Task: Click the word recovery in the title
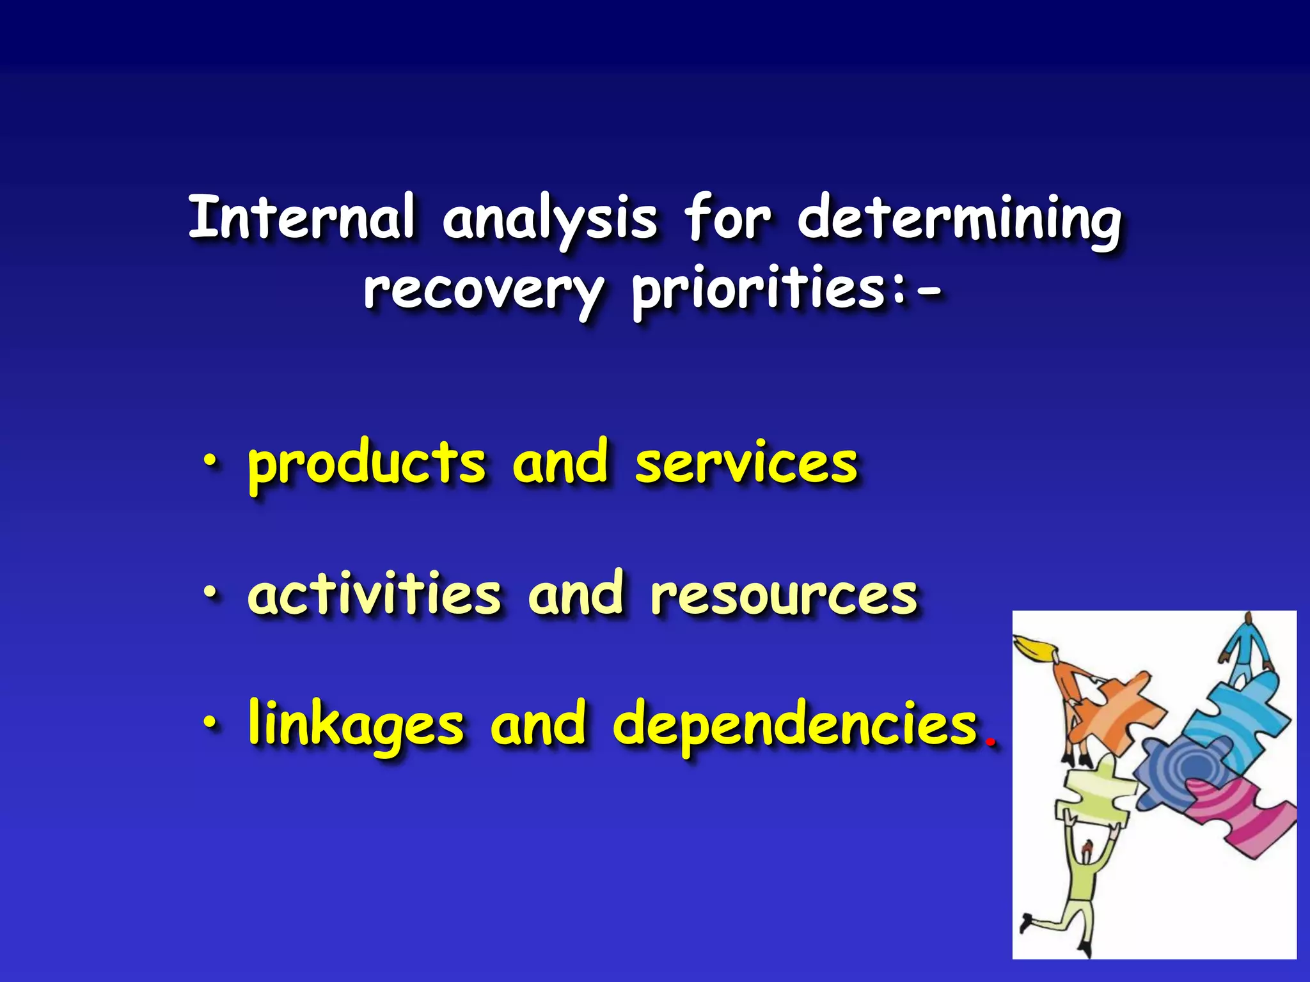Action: coord(484,291)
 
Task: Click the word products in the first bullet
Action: coord(367,465)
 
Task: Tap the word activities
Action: coord(374,595)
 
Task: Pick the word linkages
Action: coord(356,726)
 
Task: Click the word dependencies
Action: coord(795,726)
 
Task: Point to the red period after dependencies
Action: coord(991,744)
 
